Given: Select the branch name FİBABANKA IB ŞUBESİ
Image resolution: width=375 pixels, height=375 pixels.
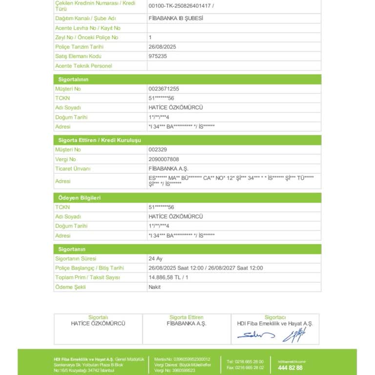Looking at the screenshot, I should click(x=175, y=19).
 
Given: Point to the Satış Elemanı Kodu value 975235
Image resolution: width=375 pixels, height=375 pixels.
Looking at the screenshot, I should click(x=158, y=56).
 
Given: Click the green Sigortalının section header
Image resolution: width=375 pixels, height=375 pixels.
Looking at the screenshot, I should click(x=73, y=79).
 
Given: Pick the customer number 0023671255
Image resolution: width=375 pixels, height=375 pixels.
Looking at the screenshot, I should click(x=164, y=89).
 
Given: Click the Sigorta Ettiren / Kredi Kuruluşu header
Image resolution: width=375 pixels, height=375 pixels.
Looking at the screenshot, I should click(x=100, y=140).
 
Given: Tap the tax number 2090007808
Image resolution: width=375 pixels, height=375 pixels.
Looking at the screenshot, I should click(x=164, y=159).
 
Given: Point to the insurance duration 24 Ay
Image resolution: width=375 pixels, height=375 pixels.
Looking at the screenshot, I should click(x=155, y=258).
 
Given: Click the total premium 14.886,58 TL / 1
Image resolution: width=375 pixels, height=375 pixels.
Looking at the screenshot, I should click(x=168, y=277).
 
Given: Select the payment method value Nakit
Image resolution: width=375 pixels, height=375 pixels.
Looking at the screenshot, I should click(x=154, y=287).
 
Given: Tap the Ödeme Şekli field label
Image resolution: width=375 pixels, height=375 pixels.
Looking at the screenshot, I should click(x=70, y=287).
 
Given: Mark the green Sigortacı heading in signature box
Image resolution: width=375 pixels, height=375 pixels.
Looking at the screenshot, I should click(x=275, y=317).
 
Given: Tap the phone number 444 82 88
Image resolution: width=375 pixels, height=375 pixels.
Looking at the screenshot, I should click(x=290, y=368).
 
